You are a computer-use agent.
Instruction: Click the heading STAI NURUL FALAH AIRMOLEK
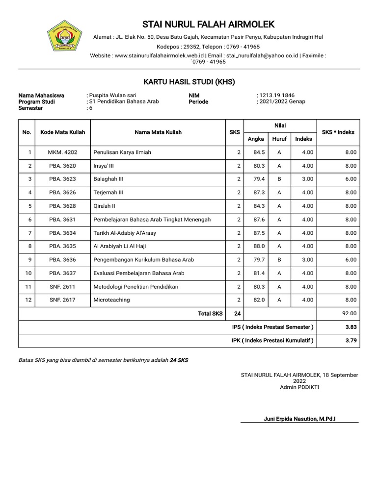pos(208,25)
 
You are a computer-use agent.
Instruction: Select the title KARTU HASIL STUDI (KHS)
pos(189,81)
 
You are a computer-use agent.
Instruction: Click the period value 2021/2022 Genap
pos(282,101)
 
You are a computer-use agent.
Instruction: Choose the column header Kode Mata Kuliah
pos(63,132)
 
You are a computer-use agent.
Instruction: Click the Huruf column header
pos(279,139)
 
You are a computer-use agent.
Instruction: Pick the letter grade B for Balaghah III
pos(279,179)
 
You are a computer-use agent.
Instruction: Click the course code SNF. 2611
pos(62,286)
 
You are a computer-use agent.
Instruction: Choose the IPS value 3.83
pos(350,327)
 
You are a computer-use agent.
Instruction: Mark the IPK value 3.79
pos(350,340)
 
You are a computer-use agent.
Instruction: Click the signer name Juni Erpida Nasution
pos(303,418)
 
